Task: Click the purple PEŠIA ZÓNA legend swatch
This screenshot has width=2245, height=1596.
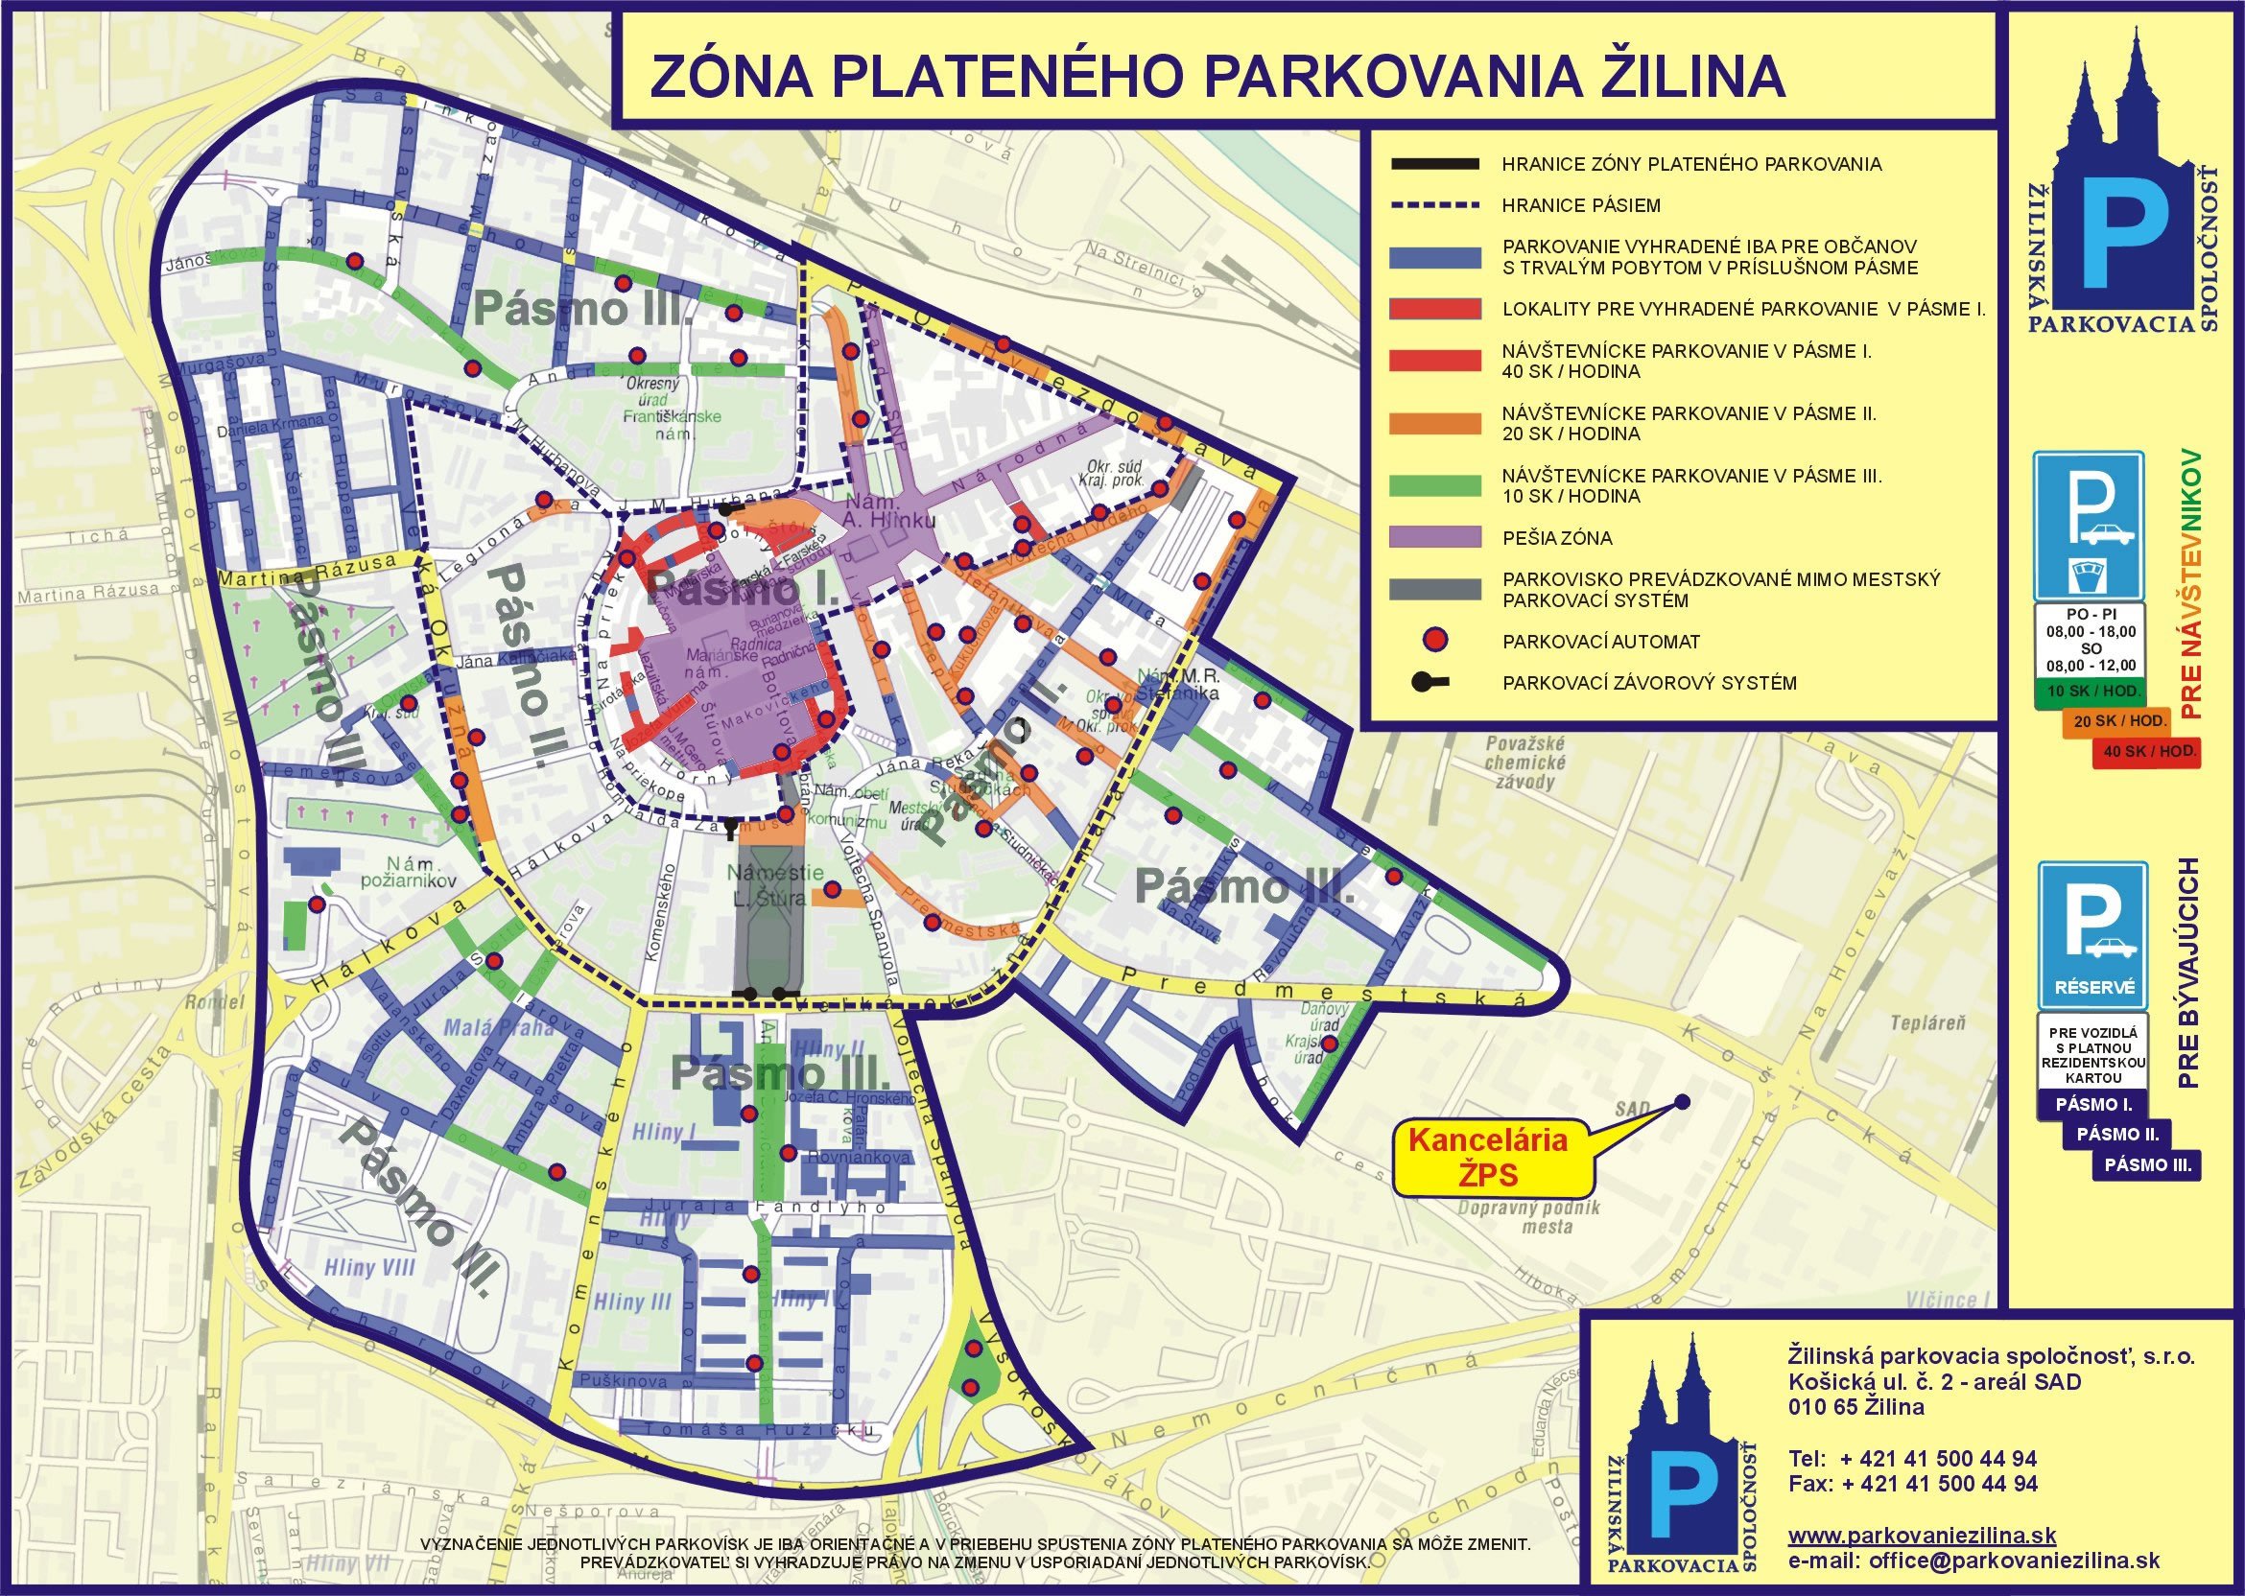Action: point(1434,537)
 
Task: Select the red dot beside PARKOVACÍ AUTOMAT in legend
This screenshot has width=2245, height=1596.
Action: point(1435,641)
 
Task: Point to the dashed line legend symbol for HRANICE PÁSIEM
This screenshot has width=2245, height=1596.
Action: point(1434,205)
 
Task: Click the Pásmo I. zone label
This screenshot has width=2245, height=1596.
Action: point(744,590)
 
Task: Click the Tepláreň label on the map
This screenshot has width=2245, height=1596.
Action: point(1927,1023)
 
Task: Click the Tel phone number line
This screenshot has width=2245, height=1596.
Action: point(1912,1459)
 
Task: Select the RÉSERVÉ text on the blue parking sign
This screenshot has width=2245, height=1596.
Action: point(2093,988)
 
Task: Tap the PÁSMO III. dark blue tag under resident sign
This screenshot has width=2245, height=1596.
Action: point(2150,1164)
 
